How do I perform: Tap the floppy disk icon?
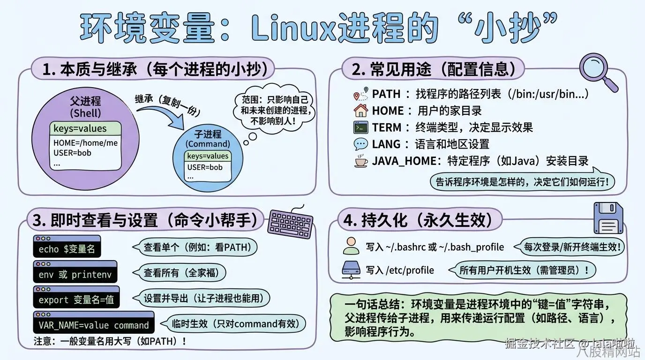coord(608,218)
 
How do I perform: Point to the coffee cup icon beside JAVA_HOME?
coord(360,161)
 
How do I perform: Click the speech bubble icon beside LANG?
coord(360,144)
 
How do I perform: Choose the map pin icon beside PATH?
coord(360,94)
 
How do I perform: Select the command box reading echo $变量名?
coord(67,247)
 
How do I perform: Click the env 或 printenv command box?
coord(75,272)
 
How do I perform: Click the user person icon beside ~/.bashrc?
coord(351,246)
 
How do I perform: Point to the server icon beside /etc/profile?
coord(351,270)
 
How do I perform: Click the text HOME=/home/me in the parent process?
coord(85,143)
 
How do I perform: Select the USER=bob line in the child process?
coord(205,167)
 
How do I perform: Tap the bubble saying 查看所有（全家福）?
coord(179,272)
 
